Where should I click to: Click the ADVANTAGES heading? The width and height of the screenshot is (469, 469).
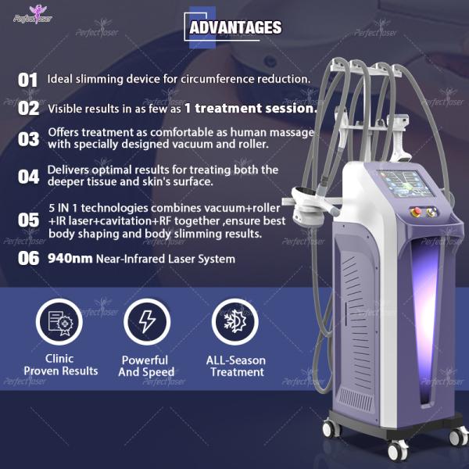(x=234, y=28)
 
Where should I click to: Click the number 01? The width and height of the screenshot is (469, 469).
(x=28, y=80)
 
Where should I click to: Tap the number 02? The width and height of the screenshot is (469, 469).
(x=28, y=109)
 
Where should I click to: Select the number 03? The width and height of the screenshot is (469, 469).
(x=28, y=139)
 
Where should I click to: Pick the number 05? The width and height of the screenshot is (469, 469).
(x=28, y=221)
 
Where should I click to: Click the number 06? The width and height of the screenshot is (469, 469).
(x=28, y=259)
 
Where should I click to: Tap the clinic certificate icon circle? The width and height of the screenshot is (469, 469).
(x=60, y=323)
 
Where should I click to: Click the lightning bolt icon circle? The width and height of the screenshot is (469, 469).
(x=146, y=323)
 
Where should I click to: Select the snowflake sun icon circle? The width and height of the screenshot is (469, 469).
(x=235, y=323)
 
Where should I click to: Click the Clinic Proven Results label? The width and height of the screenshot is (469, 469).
(x=61, y=365)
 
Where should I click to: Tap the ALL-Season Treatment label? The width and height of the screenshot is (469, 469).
(x=236, y=366)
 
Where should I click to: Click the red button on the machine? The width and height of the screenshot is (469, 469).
(x=416, y=213)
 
